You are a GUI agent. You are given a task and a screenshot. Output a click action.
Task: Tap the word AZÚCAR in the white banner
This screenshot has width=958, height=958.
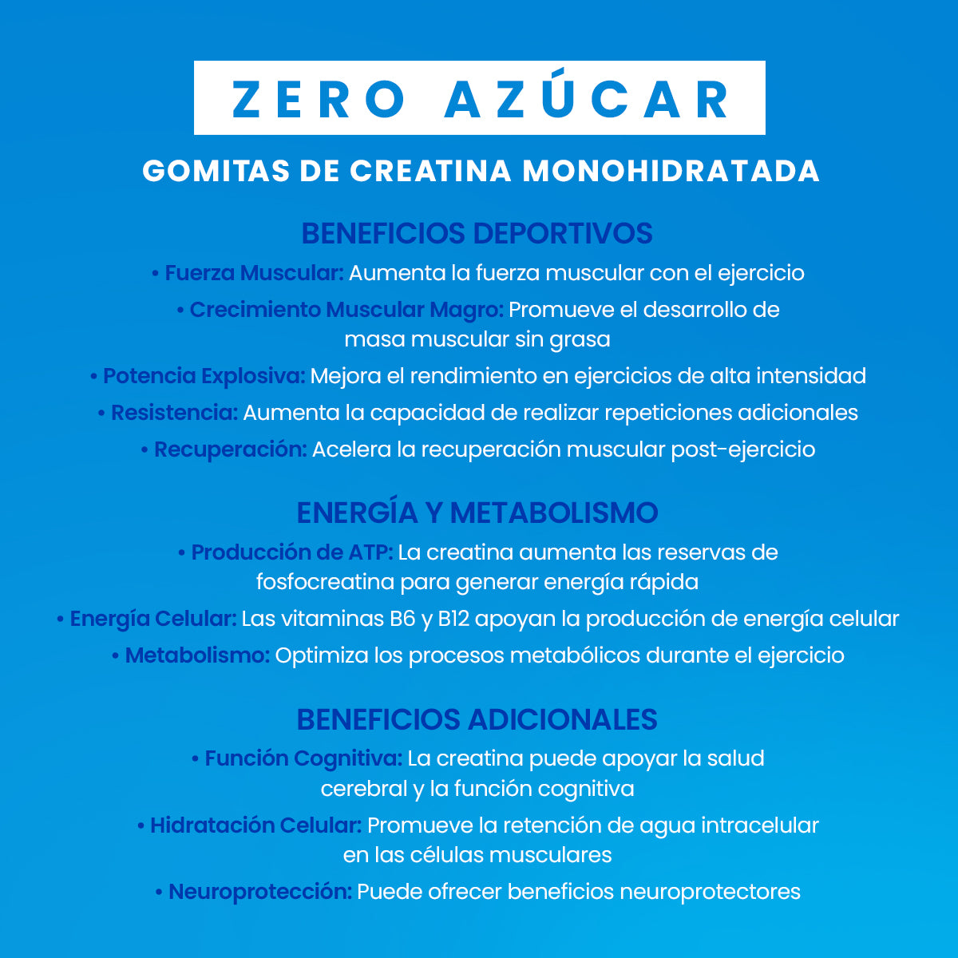coord(587,99)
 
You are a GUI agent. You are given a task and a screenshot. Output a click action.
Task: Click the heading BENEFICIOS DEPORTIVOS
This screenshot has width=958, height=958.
coord(477,234)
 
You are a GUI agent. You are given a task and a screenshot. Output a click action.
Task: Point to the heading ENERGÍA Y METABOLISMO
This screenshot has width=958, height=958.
coord(477,513)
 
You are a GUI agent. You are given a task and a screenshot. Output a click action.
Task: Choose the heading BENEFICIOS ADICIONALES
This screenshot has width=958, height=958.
coord(477,719)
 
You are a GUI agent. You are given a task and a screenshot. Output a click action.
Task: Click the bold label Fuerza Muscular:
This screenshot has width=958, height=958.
coord(254,273)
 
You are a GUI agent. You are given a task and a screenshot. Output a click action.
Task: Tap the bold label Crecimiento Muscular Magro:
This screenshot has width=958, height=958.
coord(346,310)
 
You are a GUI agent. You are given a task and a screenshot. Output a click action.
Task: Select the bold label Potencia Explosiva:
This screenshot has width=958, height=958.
coord(204,375)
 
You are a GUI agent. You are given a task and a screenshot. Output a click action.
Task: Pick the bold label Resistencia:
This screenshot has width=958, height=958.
coord(174,413)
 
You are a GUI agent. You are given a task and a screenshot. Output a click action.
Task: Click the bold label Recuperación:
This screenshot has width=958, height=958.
coord(230,449)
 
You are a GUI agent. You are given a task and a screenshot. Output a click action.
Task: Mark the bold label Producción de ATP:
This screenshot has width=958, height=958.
coord(291,552)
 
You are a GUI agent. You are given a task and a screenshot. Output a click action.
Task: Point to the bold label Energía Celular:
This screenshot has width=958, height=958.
coord(153,619)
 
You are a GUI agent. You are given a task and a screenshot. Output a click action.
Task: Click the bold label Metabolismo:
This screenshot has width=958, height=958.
coord(197,655)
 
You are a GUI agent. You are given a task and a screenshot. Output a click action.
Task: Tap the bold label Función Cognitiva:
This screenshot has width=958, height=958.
coord(303,758)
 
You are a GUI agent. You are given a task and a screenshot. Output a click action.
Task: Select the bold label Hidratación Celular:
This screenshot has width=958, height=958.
coord(255,825)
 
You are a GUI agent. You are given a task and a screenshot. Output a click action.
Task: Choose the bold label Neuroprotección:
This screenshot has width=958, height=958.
coord(259,892)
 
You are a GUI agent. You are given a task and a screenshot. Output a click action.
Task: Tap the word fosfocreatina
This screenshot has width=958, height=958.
coord(325,582)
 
